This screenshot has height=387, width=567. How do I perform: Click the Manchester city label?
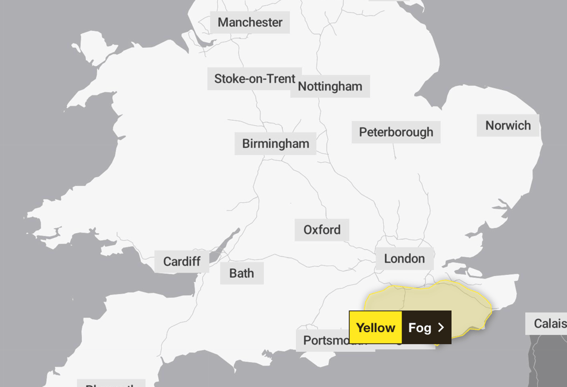[x=250, y=23]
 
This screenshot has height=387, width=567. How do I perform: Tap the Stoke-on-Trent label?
[x=254, y=79]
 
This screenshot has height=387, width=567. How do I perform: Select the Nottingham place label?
[x=330, y=86]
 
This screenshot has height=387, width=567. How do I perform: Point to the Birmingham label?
[x=275, y=144]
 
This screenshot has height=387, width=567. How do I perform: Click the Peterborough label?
[x=396, y=132]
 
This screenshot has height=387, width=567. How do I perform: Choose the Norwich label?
[x=508, y=126]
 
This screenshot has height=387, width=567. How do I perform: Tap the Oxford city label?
[x=322, y=230]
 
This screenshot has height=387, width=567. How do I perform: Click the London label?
[x=404, y=259]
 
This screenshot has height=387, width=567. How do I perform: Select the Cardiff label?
[x=181, y=262]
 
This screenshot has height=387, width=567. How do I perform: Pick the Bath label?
[x=242, y=274]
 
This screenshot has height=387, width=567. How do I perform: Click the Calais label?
[x=549, y=324]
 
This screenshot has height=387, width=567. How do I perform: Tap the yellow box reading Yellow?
[x=375, y=327]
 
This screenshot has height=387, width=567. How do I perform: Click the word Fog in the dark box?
[x=420, y=327]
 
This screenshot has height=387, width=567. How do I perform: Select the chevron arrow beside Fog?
[x=441, y=327]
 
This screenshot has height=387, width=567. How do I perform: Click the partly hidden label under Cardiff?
[x=112, y=383]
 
